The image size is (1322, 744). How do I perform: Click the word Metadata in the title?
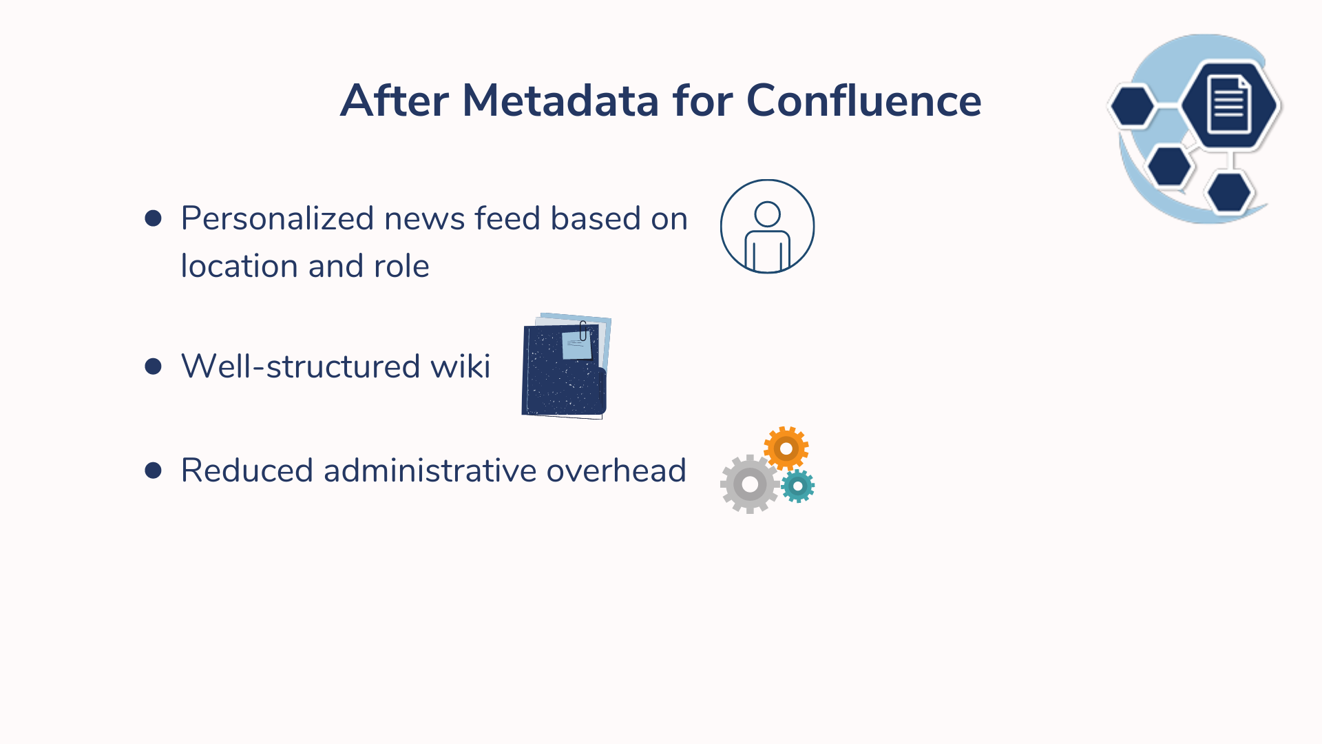point(560,101)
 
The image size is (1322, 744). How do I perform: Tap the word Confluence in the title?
point(864,101)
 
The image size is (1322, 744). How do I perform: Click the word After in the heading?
point(395,101)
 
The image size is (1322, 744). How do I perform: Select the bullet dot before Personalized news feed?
point(154,218)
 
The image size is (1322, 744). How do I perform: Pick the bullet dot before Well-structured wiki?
point(154,366)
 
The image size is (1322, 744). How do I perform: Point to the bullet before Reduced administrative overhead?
point(154,471)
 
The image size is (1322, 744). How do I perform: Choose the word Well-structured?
point(301,366)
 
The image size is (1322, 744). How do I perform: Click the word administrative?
point(430,471)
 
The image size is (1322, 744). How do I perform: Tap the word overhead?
point(616,471)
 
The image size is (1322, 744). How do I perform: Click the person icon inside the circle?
point(767,236)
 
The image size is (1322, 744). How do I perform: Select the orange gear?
point(786,448)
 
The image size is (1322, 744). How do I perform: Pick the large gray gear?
point(750,484)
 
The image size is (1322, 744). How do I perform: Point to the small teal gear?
point(798,486)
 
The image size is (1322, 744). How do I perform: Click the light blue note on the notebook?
point(577,345)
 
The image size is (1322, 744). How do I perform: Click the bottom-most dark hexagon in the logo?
point(1229,192)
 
